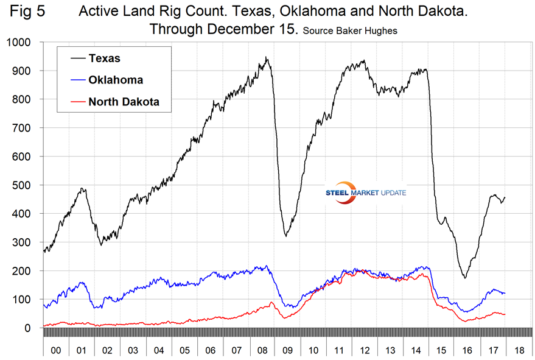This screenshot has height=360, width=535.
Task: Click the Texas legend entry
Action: click(x=104, y=58)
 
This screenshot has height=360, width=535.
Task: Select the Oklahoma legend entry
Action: click(x=116, y=80)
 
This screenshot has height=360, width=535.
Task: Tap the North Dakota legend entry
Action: click(x=124, y=102)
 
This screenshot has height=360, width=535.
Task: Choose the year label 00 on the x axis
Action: click(x=55, y=351)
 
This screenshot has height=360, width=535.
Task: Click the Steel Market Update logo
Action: click(x=366, y=192)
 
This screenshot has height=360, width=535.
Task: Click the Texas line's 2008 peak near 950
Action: click(x=267, y=57)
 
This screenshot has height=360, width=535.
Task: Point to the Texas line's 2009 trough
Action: click(x=286, y=236)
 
